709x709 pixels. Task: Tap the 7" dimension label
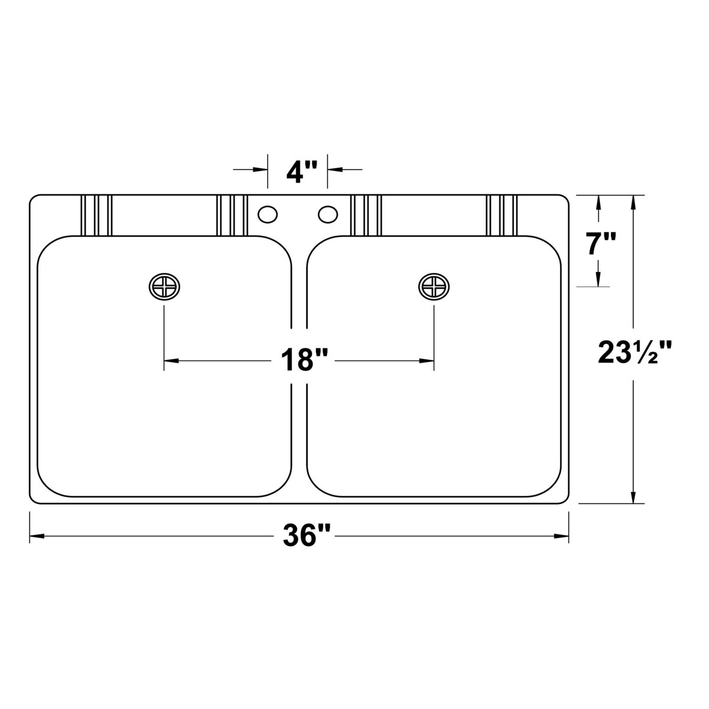(x=601, y=243)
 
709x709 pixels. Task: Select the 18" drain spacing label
(x=304, y=360)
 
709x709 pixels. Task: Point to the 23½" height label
(x=635, y=352)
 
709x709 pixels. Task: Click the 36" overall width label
(x=304, y=535)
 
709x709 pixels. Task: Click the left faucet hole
(x=268, y=214)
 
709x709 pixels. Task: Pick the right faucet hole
(x=328, y=214)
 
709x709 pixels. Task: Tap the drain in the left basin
(x=164, y=287)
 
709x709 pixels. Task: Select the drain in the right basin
(x=434, y=287)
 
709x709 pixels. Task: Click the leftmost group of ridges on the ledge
(x=96, y=215)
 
